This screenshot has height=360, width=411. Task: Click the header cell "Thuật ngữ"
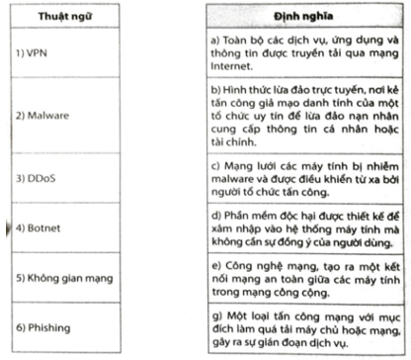[x=62, y=18]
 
